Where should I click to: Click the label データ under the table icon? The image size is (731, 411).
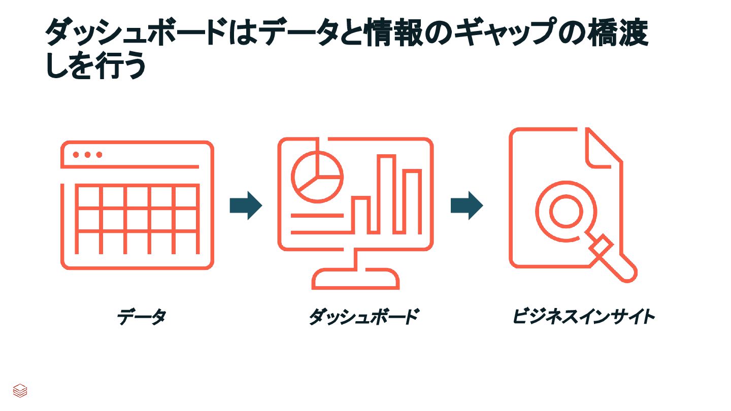point(141,317)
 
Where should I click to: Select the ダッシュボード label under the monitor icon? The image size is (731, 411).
point(363,317)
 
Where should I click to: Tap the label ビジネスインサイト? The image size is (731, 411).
point(583,317)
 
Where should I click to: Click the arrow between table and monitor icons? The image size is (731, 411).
point(246,205)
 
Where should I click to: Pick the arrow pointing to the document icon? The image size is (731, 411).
point(467,205)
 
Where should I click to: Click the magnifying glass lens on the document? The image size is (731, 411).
point(566,211)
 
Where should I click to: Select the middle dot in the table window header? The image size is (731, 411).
point(87,155)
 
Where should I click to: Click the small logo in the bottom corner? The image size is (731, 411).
point(20,390)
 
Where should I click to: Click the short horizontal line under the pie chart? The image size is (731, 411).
point(317,216)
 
